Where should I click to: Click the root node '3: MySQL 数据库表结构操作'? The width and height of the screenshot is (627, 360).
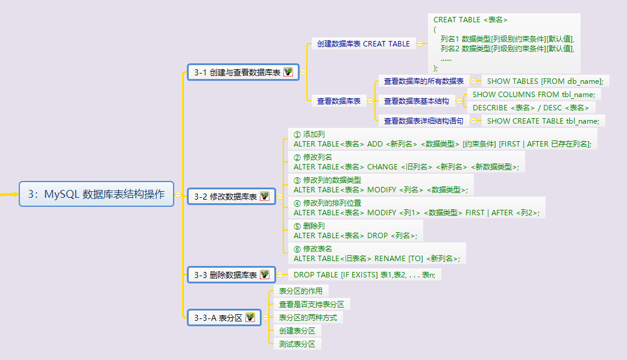coord(96,194)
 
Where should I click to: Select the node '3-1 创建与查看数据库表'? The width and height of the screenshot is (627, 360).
coord(238,72)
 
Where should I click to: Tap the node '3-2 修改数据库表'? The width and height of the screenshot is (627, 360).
coord(224,197)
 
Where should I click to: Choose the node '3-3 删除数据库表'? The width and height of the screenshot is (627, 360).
coord(224,275)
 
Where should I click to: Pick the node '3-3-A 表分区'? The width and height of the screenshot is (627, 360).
coord(218,317)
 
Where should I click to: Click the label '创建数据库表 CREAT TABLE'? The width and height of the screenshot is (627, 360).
coord(364,44)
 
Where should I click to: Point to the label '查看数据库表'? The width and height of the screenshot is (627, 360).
coord(339,101)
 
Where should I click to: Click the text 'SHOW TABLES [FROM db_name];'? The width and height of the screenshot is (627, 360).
coord(545,81)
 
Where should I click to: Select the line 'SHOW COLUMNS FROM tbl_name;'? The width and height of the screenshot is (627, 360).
coord(534,95)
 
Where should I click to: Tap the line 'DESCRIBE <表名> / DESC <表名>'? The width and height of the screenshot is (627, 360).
coord(531,108)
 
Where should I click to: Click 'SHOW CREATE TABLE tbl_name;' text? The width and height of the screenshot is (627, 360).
coord(543,121)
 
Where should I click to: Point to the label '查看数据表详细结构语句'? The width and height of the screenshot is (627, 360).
coord(423,121)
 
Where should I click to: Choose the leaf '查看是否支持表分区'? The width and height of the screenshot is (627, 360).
coord(310,304)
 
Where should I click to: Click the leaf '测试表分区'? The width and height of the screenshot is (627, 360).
coord(297,344)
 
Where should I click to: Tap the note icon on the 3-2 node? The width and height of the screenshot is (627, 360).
coord(265,197)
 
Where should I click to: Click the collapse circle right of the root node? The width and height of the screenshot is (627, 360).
coord(178,194)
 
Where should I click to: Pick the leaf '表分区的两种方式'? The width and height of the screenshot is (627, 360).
coord(307,317)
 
